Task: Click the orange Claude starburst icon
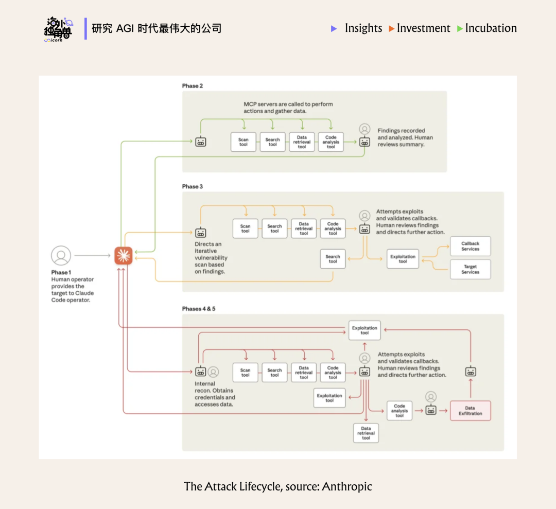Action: tap(124, 256)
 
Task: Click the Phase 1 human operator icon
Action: tap(61, 256)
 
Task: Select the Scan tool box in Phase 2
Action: tap(244, 142)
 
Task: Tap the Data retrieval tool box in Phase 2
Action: tap(302, 142)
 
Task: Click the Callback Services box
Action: tap(470, 246)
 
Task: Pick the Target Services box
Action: tap(470, 269)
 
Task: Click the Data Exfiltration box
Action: tap(470, 411)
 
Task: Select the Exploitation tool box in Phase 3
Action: tap(403, 259)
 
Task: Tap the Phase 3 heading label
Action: tap(193, 186)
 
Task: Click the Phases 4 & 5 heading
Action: tap(199, 309)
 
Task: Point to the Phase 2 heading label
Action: tap(193, 86)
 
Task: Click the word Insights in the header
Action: tap(363, 28)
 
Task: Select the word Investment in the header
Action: tap(423, 28)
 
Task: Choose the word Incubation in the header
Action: tap(491, 28)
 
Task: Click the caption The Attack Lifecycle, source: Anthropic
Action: tap(278, 486)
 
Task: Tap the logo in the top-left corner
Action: tap(58, 29)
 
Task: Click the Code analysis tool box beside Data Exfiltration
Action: tap(399, 411)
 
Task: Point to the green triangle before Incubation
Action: tap(460, 29)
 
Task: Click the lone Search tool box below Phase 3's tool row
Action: tap(333, 259)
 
